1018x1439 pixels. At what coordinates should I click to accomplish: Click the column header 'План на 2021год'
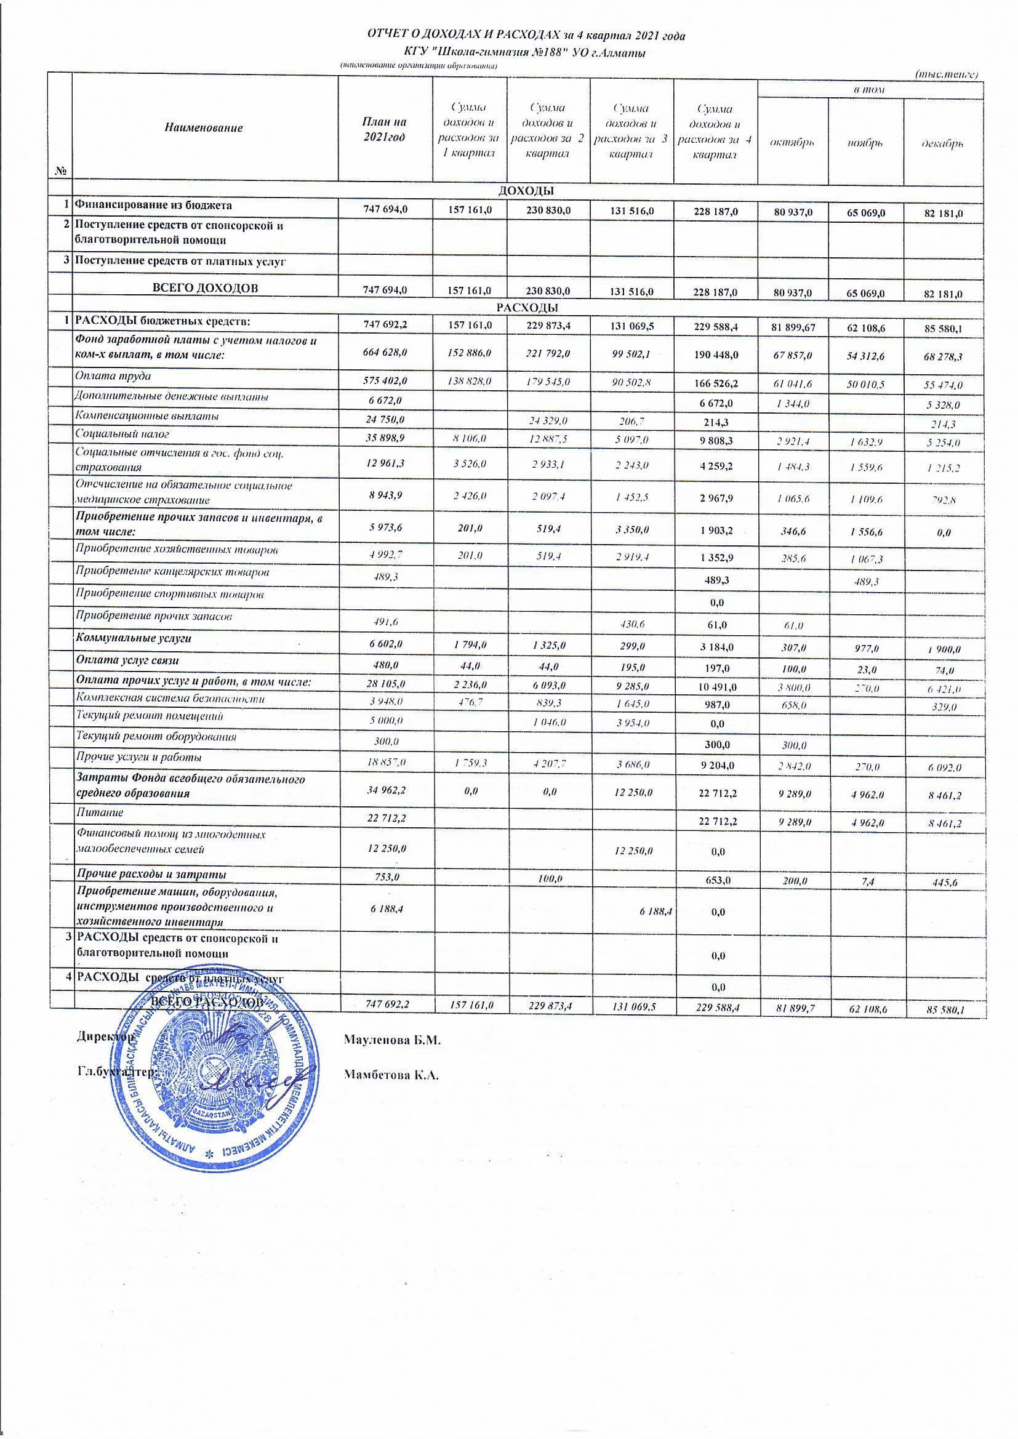(x=385, y=129)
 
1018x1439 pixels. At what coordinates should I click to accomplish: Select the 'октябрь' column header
(x=792, y=143)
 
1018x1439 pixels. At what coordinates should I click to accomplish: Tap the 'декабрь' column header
(x=942, y=143)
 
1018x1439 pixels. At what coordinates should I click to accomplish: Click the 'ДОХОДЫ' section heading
(x=527, y=191)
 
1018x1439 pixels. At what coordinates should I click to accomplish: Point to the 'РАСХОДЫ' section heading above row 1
(x=527, y=308)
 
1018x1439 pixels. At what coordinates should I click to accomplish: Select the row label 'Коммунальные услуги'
(x=133, y=639)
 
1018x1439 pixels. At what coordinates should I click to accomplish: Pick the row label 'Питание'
(x=99, y=812)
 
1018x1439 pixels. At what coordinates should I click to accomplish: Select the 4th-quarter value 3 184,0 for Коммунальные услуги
(x=714, y=647)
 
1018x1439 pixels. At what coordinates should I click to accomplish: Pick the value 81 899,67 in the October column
(x=793, y=328)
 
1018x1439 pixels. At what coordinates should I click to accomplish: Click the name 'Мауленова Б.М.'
(x=393, y=1040)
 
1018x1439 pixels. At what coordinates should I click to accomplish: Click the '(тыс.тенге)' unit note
(x=947, y=74)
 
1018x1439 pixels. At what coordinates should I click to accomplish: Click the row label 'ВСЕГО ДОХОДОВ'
(x=204, y=288)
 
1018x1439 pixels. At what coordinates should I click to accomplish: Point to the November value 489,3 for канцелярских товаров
(x=867, y=582)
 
